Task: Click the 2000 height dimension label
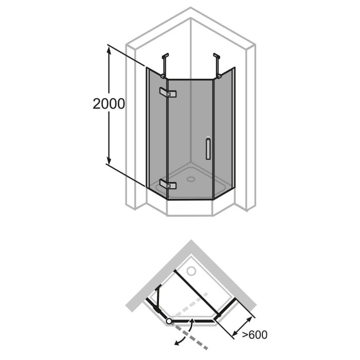pos(109,104)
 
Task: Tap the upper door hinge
pos(168,93)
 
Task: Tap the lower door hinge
pos(168,184)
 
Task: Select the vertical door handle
pos(207,148)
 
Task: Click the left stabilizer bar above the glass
pos(165,64)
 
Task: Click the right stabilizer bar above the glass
pos(218,64)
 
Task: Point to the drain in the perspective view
pos(191,179)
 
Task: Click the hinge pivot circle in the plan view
pos(169,321)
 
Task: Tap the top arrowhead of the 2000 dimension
pos(109,49)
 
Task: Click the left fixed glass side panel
pos(157,131)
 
